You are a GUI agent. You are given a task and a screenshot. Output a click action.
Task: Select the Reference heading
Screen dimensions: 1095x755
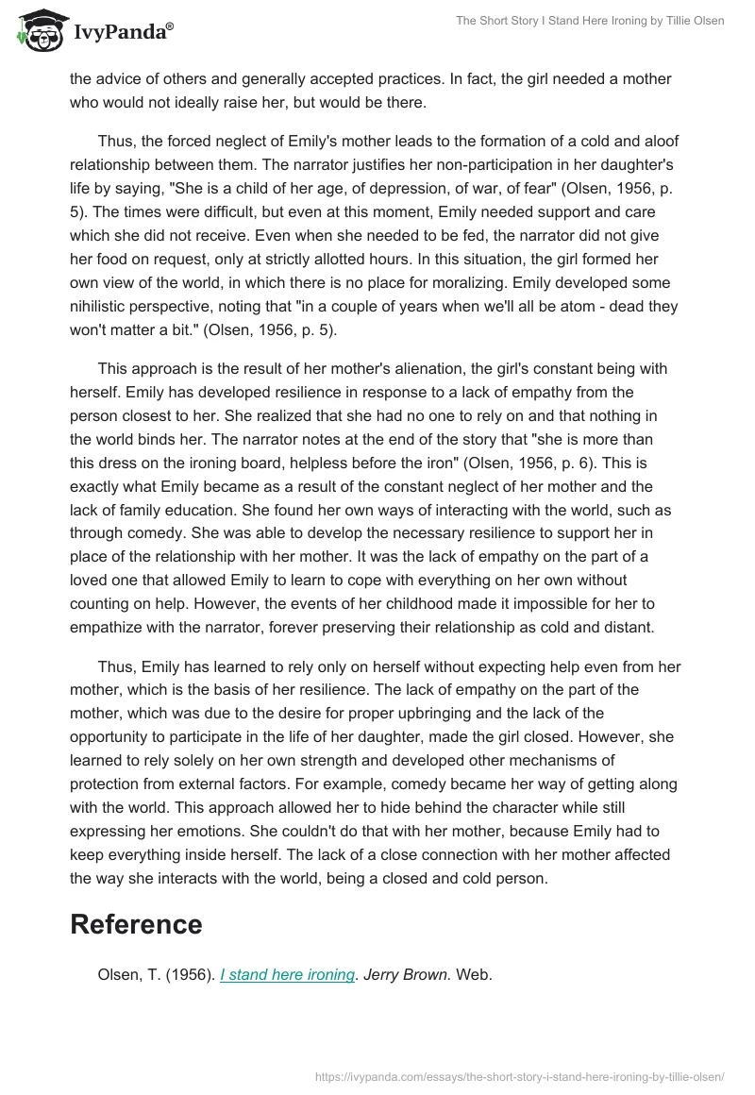[x=136, y=924]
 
